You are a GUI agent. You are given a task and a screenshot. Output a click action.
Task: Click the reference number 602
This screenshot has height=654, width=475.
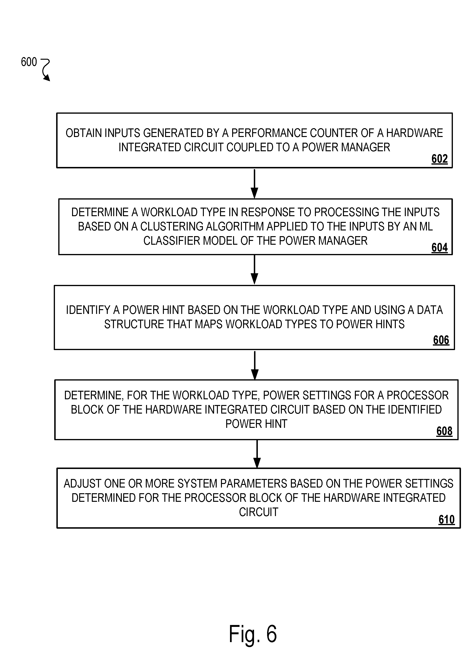[x=440, y=159]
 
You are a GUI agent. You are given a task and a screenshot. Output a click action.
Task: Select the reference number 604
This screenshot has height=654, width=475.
[x=440, y=247]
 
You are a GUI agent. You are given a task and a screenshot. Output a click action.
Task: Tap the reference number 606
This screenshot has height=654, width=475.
[x=441, y=340]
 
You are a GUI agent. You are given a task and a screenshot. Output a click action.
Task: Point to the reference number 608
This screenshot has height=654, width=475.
[x=444, y=431]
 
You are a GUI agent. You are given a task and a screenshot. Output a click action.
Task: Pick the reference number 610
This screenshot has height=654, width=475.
[x=446, y=519]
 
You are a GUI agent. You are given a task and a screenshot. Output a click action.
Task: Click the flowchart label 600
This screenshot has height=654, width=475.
[x=29, y=62]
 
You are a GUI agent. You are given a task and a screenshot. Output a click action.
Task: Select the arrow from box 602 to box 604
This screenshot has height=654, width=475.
[x=254, y=183]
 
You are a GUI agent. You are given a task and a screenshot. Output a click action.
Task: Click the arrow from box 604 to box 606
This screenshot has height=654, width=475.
[x=254, y=270]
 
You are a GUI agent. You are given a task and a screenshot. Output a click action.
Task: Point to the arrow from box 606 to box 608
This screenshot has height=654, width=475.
[x=255, y=365]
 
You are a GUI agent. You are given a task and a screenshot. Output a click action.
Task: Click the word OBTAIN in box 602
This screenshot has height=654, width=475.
[x=84, y=133]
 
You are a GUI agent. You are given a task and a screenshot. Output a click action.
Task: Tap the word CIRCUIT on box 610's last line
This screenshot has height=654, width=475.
[x=258, y=512]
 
